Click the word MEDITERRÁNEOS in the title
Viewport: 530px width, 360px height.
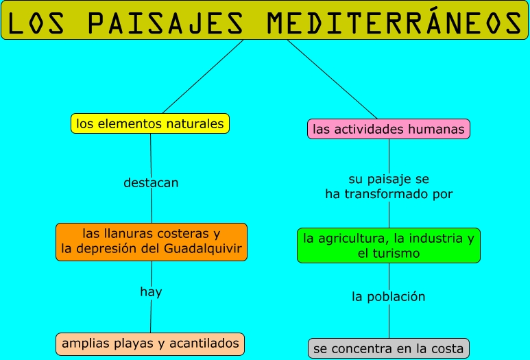(394, 23)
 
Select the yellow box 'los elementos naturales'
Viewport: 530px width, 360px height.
(150, 124)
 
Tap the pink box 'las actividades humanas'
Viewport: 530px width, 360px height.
(389, 129)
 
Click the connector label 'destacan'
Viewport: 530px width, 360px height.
(151, 183)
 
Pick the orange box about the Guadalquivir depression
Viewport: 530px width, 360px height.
(152, 241)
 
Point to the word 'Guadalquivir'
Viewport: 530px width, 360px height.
(203, 249)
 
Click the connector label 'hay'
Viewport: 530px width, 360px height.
(151, 292)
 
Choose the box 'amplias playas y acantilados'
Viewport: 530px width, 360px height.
(150, 343)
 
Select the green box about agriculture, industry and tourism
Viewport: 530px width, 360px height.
(389, 245)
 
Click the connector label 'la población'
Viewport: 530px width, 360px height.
(389, 297)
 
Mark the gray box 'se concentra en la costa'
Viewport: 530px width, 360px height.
(389, 348)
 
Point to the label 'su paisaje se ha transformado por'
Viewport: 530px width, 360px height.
(389, 187)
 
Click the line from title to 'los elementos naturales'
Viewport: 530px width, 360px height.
(203, 76)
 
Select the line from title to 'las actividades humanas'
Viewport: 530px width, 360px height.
(332, 79)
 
